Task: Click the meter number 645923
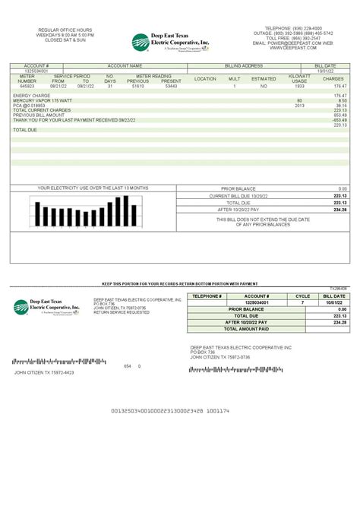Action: (27, 87)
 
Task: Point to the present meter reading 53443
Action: (172, 87)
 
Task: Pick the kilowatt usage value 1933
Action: (299, 87)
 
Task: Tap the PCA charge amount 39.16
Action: (341, 105)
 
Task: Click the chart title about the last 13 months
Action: (93, 188)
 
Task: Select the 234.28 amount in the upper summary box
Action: (339, 210)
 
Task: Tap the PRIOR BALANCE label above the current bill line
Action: (238, 188)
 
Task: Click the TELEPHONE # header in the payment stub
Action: (207, 296)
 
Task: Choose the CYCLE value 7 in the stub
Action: (302, 302)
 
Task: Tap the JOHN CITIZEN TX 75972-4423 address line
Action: (43, 373)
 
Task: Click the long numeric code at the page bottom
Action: (170, 410)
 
